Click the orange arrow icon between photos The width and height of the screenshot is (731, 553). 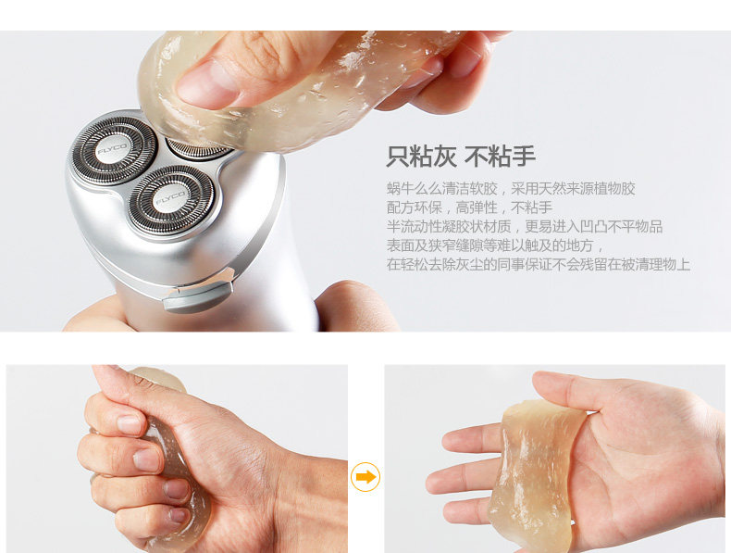pyautogui.click(x=365, y=476)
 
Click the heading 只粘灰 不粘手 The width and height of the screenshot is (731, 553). pyautogui.click(x=461, y=156)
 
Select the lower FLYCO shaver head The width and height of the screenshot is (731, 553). pyautogui.click(x=171, y=200)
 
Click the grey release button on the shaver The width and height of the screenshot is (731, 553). pyautogui.click(x=198, y=293)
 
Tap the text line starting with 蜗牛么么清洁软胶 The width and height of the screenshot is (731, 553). pyautogui.click(x=511, y=189)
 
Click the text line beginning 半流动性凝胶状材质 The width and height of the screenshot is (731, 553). pyautogui.click(x=525, y=226)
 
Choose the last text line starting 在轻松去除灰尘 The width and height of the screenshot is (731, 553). pyautogui.click(x=539, y=265)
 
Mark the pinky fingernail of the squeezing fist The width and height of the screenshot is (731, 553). pyautogui.click(x=178, y=515)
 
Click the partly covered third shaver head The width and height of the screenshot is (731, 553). pyautogui.click(x=198, y=149)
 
